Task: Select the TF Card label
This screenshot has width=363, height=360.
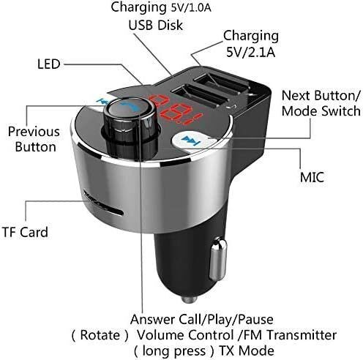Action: pos(24,233)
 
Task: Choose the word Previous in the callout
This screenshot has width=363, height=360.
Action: pos(32,132)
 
